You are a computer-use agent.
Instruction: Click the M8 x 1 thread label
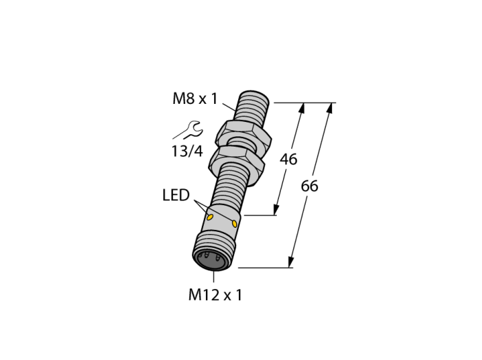click(x=195, y=99)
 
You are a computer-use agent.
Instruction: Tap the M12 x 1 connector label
click(x=215, y=295)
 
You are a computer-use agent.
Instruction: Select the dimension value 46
click(x=289, y=160)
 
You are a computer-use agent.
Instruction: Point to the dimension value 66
click(x=309, y=186)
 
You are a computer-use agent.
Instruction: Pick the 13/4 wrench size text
click(x=187, y=151)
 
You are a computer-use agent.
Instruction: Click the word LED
click(x=176, y=195)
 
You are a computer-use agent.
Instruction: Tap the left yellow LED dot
click(x=210, y=218)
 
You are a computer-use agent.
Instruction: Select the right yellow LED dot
click(x=235, y=223)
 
